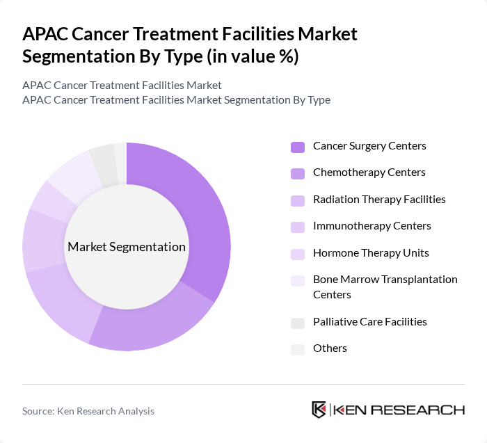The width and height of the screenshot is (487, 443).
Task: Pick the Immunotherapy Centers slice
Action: pos(42,240)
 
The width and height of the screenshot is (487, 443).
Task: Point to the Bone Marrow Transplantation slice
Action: pos(73,170)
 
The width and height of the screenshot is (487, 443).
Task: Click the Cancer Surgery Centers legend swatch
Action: pos(298,147)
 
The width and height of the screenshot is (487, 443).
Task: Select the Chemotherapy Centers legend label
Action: pos(369,172)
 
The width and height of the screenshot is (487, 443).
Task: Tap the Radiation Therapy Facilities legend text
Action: pos(379,200)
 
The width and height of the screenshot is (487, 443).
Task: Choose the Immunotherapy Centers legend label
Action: pos(372,226)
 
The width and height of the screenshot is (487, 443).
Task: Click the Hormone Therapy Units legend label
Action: pos(371,253)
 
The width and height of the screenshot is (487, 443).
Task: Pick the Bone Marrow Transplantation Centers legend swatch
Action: pos(298,280)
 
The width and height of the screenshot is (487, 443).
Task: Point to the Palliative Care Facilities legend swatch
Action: pos(298,323)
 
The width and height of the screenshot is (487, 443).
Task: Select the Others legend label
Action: pos(330,348)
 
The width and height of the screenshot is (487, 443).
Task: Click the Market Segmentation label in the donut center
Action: pos(127,247)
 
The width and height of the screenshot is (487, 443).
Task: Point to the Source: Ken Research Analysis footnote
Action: pos(88,411)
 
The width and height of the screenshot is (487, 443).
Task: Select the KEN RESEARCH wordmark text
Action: pos(399,410)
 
